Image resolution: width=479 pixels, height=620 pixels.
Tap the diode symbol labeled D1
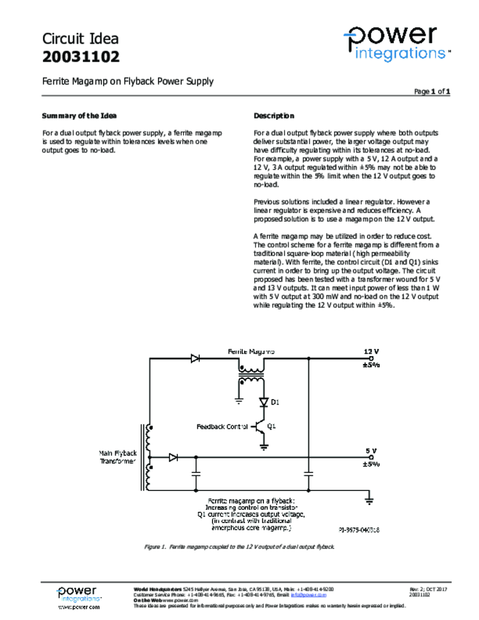(x=264, y=401)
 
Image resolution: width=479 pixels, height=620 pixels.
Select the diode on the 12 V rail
(x=196, y=358)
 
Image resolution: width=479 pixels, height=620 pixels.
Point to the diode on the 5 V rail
(x=173, y=457)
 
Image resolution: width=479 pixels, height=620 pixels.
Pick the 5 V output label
(x=371, y=451)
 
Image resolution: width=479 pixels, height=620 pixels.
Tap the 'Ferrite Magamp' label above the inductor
(x=251, y=351)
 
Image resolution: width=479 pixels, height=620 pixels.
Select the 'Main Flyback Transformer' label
(x=117, y=457)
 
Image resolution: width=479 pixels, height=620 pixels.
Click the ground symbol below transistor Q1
(x=264, y=447)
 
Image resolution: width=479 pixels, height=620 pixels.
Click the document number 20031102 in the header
(x=81, y=58)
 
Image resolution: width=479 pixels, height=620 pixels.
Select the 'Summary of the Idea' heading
(x=79, y=116)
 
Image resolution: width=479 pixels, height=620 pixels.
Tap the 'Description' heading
(x=274, y=116)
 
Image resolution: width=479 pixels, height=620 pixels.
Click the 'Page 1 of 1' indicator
(x=432, y=91)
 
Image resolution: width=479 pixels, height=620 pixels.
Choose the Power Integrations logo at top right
(x=397, y=42)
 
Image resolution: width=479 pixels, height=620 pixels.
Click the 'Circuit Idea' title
(x=81, y=39)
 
